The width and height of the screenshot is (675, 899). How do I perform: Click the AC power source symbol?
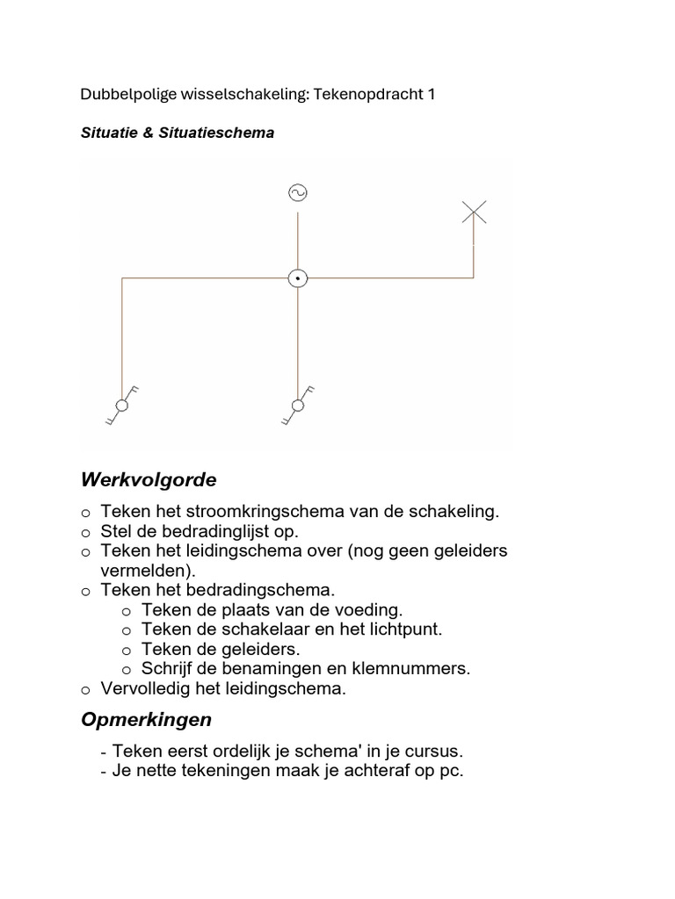pyautogui.click(x=298, y=193)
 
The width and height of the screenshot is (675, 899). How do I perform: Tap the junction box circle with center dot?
pyautogui.click(x=298, y=278)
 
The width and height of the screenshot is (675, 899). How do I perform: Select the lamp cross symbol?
pyautogui.click(x=474, y=212)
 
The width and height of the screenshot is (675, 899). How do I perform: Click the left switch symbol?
pyautogui.click(x=122, y=405)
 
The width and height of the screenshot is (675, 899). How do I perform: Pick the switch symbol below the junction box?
pyautogui.click(x=298, y=405)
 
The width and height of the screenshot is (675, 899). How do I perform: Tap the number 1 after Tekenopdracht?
pyautogui.click(x=431, y=94)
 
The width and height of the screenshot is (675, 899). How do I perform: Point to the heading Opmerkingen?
pyautogui.click(x=146, y=720)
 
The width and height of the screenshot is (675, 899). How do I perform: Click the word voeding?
pyautogui.click(x=369, y=609)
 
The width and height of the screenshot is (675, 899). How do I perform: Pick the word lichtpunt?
pyautogui.click(x=401, y=629)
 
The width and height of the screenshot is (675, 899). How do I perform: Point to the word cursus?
pyautogui.click(x=432, y=752)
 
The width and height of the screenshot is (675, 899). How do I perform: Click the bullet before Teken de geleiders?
pyautogui.click(x=126, y=650)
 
